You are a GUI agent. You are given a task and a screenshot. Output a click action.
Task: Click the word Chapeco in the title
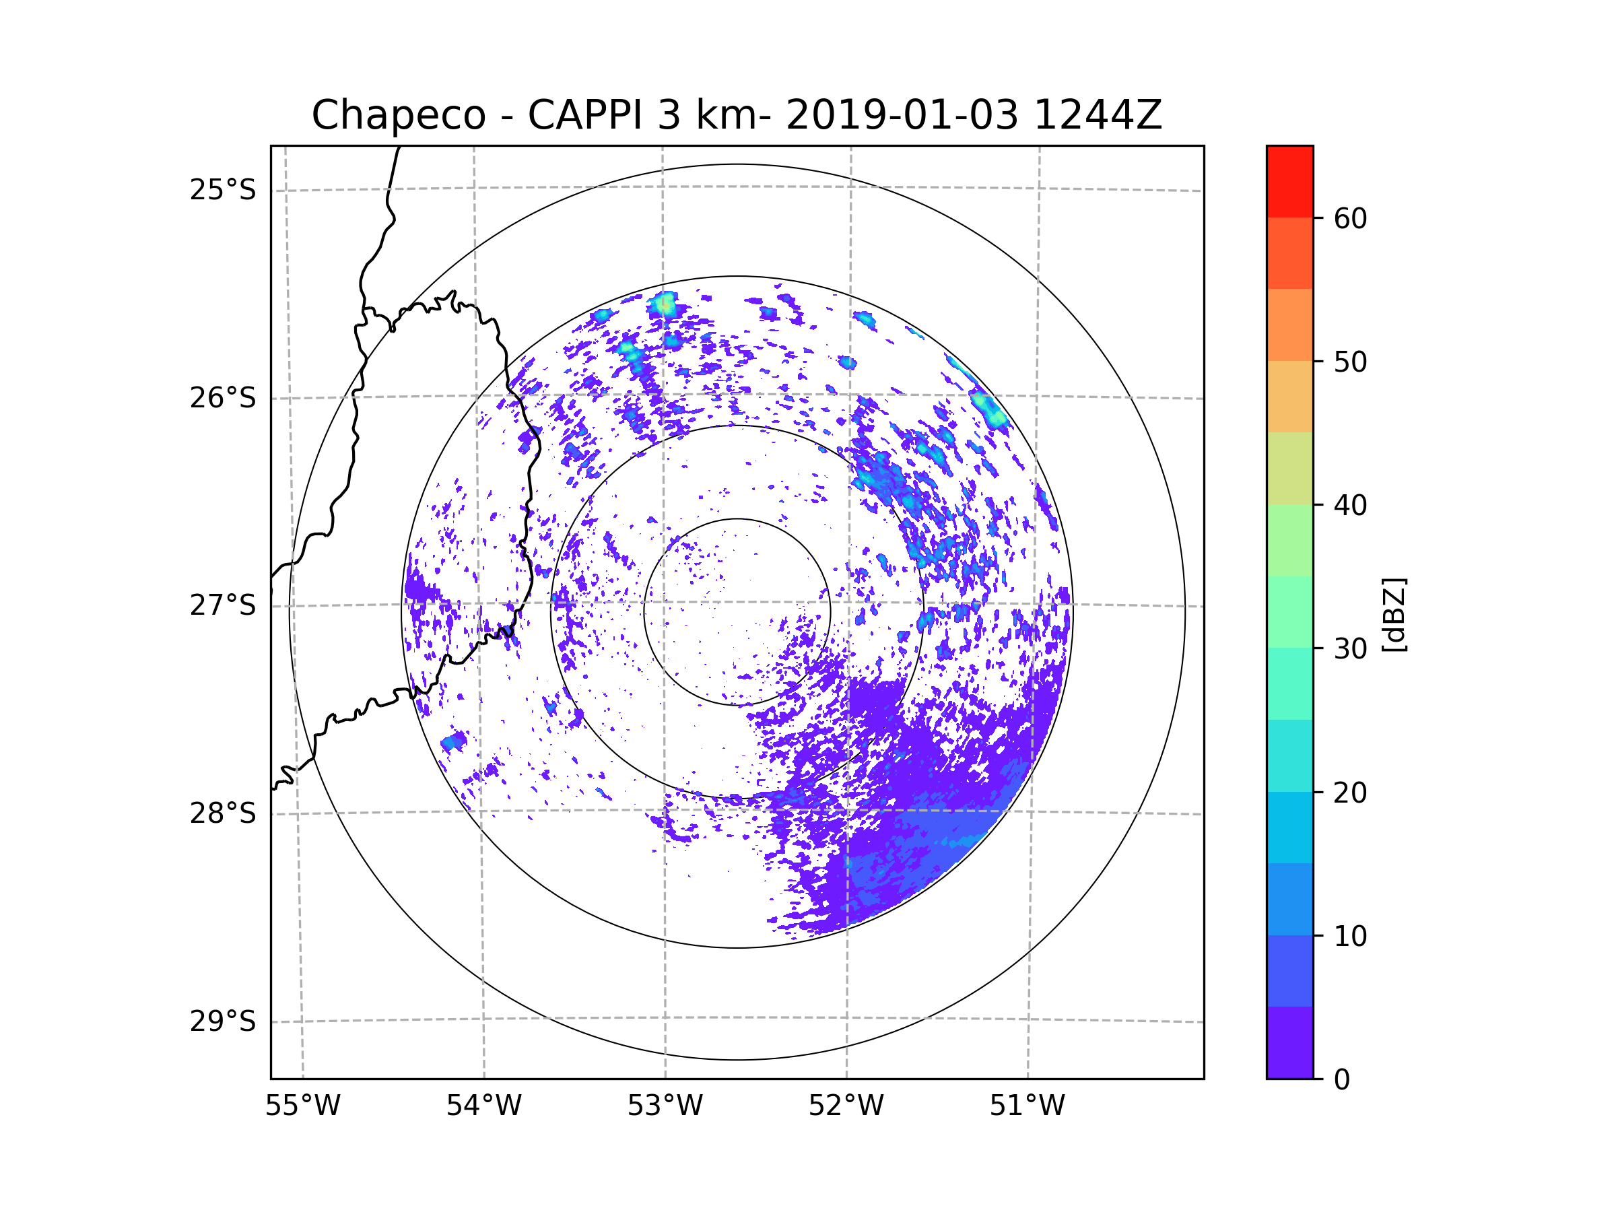(398, 115)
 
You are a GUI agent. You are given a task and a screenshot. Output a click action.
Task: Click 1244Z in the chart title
(1098, 115)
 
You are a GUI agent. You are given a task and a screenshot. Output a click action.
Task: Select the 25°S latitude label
(223, 190)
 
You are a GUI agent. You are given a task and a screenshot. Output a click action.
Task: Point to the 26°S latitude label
(223, 398)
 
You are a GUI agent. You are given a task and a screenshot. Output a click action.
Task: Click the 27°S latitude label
(223, 605)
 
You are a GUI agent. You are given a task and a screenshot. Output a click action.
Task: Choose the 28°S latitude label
(223, 813)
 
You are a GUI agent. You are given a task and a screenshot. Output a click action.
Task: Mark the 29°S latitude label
(223, 1021)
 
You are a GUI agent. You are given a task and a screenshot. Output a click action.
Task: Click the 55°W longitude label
(302, 1106)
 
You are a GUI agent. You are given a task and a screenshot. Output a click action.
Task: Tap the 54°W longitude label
(483, 1106)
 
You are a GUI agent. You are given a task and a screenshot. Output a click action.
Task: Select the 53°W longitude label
(665, 1106)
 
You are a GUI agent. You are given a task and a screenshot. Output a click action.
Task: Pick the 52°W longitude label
(846, 1106)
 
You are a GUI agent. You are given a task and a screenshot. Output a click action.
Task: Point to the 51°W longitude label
(1027, 1106)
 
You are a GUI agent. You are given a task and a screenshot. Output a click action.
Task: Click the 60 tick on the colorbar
(1350, 218)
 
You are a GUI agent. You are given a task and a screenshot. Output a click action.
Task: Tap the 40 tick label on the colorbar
(1350, 506)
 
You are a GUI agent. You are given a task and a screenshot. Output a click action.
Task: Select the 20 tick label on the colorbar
(1350, 793)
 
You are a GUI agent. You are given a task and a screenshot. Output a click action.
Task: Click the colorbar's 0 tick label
(1342, 1080)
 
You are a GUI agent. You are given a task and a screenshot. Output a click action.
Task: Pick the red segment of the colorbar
(1289, 181)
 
